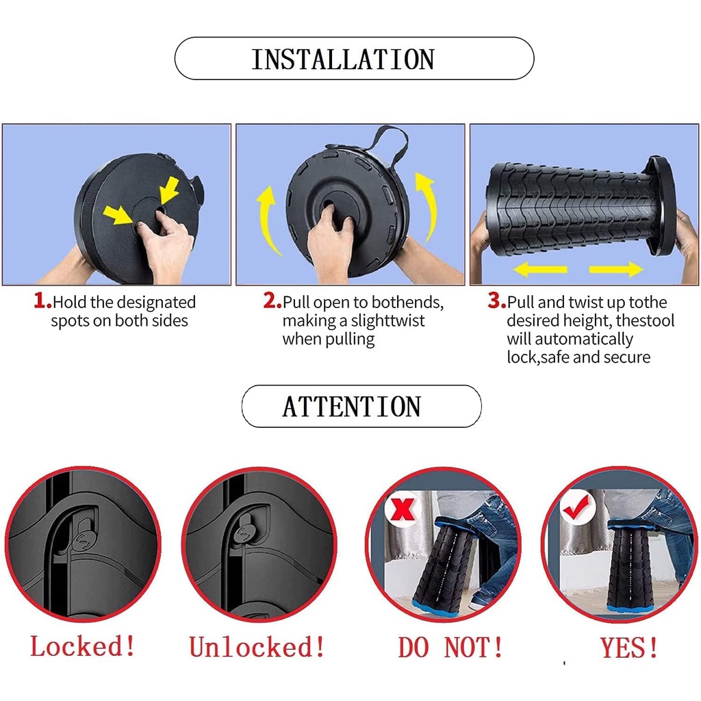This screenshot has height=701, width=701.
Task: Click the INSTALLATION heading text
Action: point(343,60)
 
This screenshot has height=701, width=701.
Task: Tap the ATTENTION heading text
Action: point(351,407)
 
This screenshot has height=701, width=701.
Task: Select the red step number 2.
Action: point(272,301)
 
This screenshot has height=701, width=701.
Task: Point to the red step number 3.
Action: point(497,301)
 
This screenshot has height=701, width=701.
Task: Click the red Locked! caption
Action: point(83,646)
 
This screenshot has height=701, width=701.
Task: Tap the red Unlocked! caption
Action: point(257,646)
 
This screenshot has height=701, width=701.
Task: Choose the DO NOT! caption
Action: point(450,648)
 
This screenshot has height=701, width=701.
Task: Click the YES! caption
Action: point(630,648)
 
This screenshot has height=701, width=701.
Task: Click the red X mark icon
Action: point(403,509)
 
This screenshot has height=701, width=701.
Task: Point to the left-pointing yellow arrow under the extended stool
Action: point(540,269)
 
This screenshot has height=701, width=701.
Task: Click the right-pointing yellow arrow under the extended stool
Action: point(616,269)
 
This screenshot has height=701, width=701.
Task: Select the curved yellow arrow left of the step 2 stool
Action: point(264,218)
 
